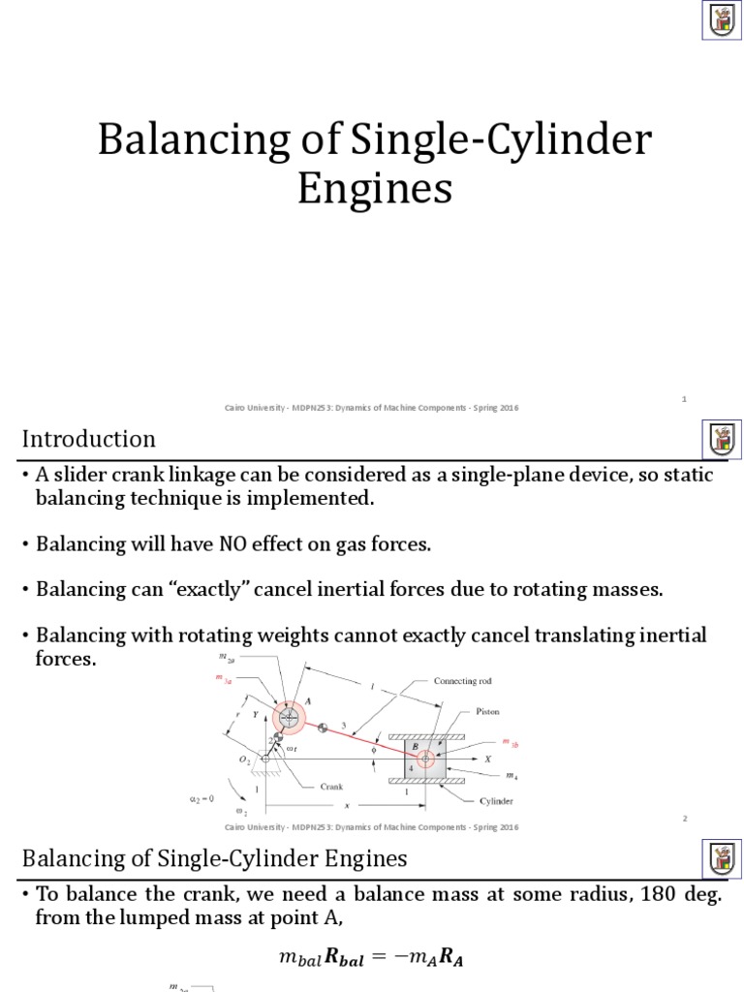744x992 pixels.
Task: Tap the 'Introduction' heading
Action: pos(89,439)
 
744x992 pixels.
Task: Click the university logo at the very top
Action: pos(721,20)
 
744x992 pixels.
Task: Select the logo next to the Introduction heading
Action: pos(721,440)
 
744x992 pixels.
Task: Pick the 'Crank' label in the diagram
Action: pos(331,787)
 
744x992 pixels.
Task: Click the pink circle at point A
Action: pos(289,717)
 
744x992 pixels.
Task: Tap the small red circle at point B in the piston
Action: pos(425,759)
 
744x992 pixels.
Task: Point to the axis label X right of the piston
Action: pos(487,759)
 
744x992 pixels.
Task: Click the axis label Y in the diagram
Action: pos(255,715)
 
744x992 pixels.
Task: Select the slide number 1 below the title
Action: pos(684,398)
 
